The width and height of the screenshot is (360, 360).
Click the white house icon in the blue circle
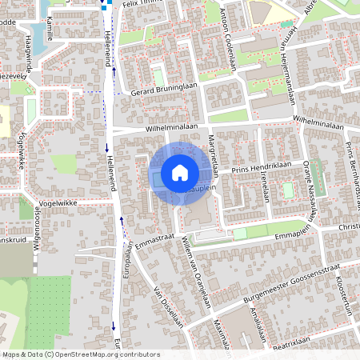(x=179, y=173)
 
